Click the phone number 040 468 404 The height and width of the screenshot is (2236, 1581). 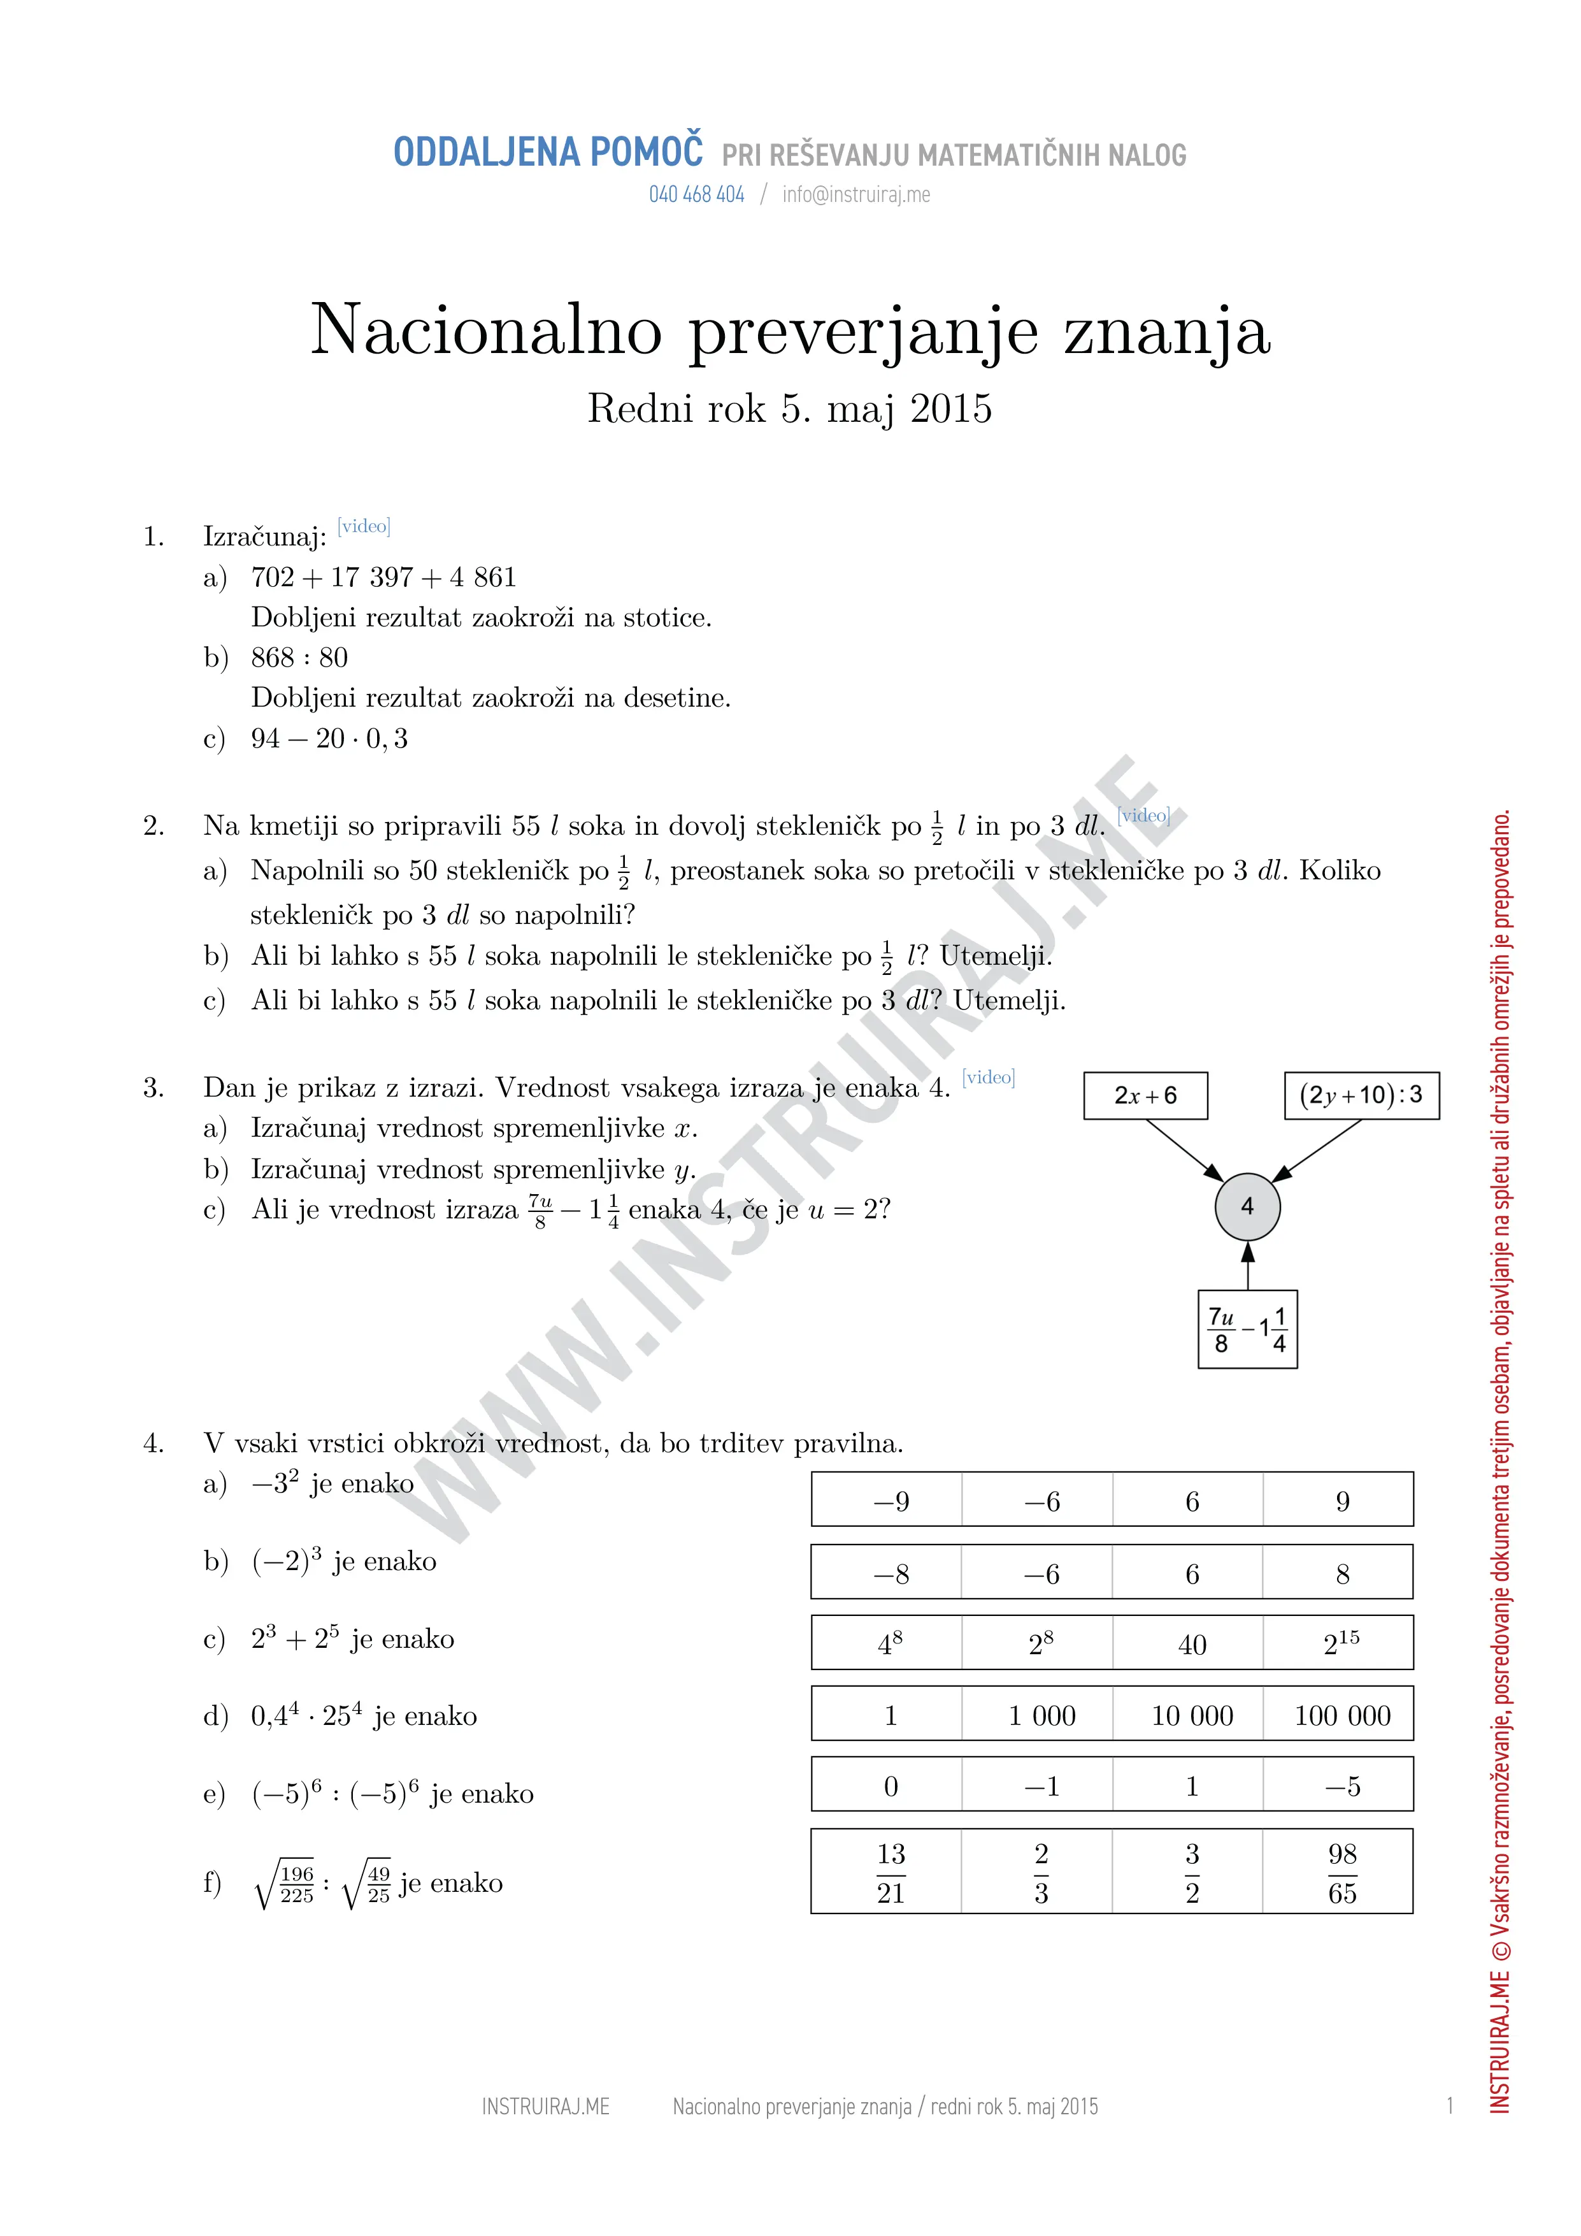coord(696,195)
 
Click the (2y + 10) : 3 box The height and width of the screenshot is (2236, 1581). coord(1361,1095)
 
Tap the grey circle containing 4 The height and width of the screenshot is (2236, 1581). coord(1247,1207)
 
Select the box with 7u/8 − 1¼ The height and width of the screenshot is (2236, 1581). coord(1247,1329)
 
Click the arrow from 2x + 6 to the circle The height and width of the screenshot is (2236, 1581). coord(1185,1150)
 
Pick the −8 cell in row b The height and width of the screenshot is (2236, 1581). coord(890,1575)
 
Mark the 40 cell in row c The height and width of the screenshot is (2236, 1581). coord(1192,1645)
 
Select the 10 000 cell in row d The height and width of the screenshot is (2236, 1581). coord(1192,1716)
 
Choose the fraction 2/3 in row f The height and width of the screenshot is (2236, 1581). coord(1041,1873)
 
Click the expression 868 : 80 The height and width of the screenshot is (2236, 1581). coord(299,658)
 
